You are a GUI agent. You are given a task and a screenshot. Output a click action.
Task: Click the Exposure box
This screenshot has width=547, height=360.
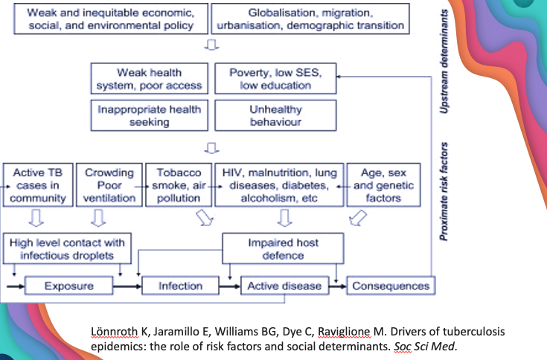pyautogui.click(x=68, y=286)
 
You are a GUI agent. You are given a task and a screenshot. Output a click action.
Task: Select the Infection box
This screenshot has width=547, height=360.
pyautogui.click(x=180, y=286)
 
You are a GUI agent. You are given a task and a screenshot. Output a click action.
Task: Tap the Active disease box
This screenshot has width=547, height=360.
pyautogui.click(x=284, y=286)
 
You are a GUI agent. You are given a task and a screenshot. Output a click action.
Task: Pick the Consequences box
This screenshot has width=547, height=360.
pyautogui.click(x=390, y=286)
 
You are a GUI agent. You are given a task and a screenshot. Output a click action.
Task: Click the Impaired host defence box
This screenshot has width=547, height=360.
pyautogui.click(x=284, y=248)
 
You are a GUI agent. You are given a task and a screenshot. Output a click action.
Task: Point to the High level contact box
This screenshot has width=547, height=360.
pyautogui.click(x=68, y=248)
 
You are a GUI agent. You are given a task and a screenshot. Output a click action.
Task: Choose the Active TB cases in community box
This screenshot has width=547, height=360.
pyautogui.click(x=39, y=185)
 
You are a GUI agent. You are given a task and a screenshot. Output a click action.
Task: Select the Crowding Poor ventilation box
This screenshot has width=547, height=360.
pyautogui.click(x=109, y=185)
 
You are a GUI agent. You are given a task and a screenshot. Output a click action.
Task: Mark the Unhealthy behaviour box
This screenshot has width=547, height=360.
pyautogui.click(x=275, y=116)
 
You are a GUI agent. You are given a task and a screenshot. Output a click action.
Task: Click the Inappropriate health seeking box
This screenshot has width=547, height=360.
pyautogui.click(x=150, y=116)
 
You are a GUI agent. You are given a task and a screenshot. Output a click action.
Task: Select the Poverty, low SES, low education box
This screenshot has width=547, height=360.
pyautogui.click(x=275, y=79)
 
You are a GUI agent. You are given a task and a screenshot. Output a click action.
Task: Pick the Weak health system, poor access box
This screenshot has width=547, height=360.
pyautogui.click(x=150, y=79)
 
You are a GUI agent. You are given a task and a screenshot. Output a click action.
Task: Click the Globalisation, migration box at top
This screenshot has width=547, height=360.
pyautogui.click(x=310, y=19)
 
